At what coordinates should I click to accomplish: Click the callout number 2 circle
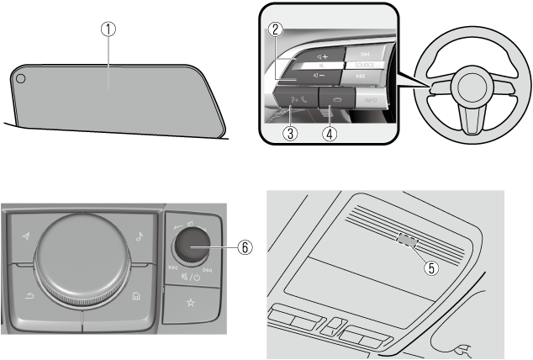coord(274,28)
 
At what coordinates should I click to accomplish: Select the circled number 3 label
coord(289,132)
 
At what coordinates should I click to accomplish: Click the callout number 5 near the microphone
coord(433,269)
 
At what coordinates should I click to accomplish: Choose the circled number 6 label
coord(245,248)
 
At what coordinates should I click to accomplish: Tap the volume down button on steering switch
coord(319,75)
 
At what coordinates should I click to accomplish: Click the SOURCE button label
coord(365,63)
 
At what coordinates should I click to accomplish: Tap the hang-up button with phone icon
coord(336,100)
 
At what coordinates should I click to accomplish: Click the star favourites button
coord(192,300)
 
